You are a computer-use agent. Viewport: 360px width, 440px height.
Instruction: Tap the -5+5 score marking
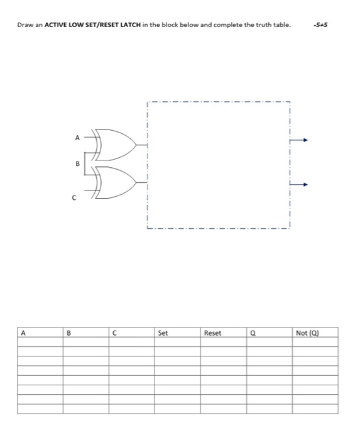point(321,25)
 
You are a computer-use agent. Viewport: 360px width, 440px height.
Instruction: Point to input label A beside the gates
point(77,137)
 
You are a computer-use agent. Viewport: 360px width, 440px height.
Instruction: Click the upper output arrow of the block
point(301,141)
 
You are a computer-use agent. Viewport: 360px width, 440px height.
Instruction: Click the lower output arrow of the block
point(301,185)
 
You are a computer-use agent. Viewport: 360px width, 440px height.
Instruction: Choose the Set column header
point(163,333)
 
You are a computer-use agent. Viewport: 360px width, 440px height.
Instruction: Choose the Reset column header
point(212,333)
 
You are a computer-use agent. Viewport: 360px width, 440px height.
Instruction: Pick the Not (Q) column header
point(307,333)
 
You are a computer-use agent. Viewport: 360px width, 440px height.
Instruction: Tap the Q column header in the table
point(253,333)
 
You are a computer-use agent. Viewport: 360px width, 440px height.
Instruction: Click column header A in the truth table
point(23,333)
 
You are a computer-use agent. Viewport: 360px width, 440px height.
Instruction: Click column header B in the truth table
point(68,333)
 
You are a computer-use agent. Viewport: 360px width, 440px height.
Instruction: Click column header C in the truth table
point(114,333)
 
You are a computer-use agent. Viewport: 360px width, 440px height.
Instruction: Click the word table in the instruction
point(283,25)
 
